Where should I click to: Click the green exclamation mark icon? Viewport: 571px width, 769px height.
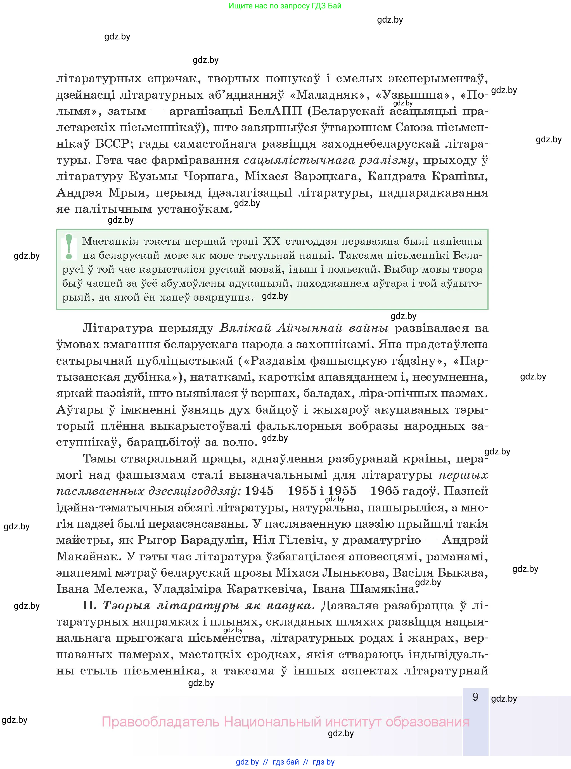pyautogui.click(x=69, y=247)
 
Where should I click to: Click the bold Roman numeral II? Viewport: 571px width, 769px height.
pyautogui.click(x=91, y=605)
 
